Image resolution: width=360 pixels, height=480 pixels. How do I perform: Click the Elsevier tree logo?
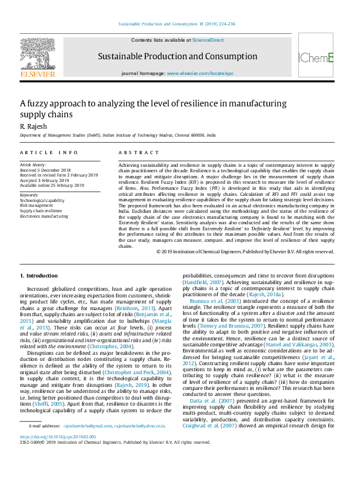point(38,56)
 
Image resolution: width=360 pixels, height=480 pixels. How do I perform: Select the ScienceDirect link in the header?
point(208,41)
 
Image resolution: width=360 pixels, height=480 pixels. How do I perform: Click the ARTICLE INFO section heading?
point(48,153)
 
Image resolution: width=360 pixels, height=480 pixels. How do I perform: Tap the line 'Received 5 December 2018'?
point(45,170)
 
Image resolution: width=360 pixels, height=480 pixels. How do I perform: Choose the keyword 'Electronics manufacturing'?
point(44,215)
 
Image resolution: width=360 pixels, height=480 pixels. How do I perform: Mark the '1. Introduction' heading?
point(39,276)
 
